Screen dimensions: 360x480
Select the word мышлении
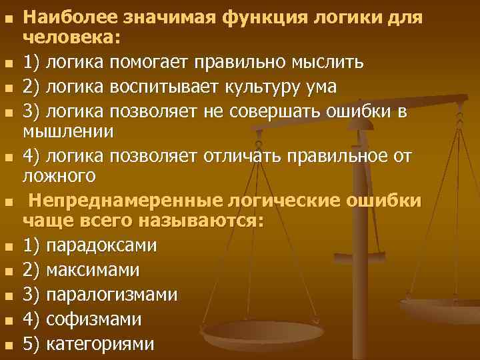click(69, 133)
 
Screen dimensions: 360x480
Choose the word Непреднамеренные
click(122, 201)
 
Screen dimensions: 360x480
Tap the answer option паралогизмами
click(111, 294)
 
